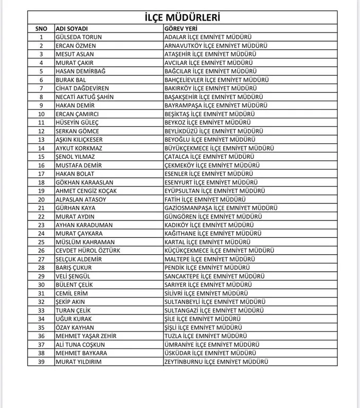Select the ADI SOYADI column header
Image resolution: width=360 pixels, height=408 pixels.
pos(71,29)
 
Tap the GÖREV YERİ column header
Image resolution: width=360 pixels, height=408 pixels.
pos(181,29)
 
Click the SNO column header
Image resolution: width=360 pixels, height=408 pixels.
pos(41,29)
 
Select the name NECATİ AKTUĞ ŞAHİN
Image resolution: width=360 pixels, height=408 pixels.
pos(84,97)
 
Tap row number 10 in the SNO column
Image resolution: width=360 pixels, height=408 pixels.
pos(41,114)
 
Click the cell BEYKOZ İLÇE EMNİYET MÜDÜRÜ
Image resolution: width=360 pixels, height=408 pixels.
pos(207,122)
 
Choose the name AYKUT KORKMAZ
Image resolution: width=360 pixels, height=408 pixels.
pos(79,148)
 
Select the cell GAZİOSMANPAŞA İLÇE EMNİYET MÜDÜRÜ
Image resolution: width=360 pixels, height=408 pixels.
pos(220,208)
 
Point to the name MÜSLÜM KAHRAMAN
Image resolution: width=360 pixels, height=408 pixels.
pos(83,242)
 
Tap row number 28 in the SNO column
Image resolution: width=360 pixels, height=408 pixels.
pos(41,268)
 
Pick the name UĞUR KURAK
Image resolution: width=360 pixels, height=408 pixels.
pos(74,319)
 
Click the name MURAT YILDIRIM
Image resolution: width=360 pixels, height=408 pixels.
pos(78,362)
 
